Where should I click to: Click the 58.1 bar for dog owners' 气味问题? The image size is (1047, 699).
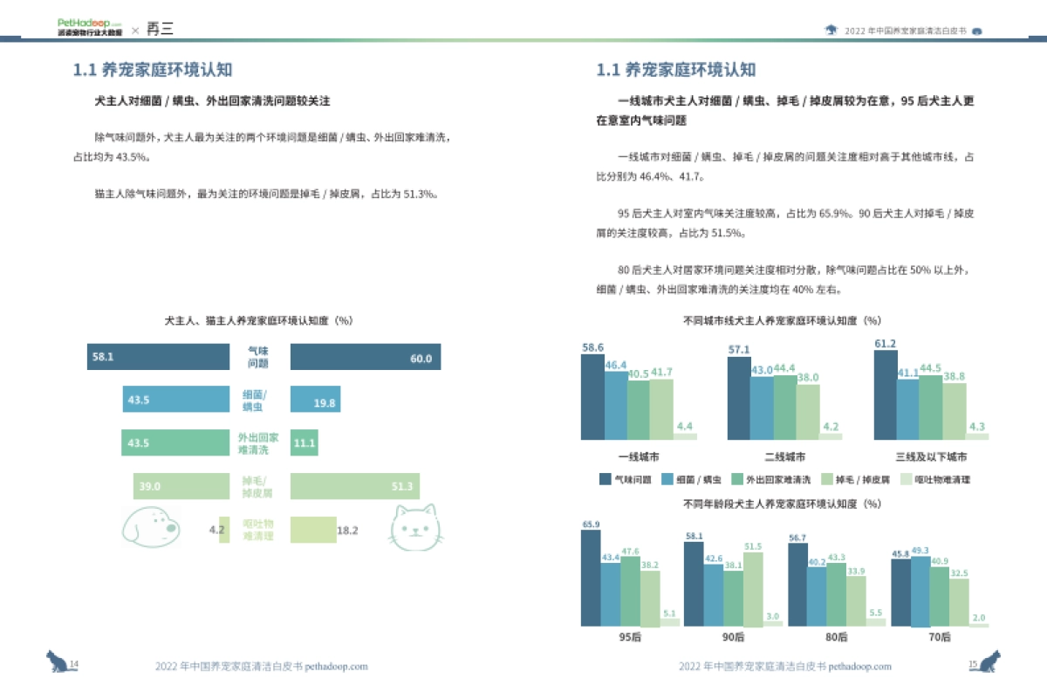pos(157,357)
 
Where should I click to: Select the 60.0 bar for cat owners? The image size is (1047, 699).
pos(365,357)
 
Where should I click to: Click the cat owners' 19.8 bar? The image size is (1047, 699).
pos(315,400)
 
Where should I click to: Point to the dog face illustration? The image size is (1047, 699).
pos(149,524)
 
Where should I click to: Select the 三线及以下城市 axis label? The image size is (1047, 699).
pos(931,456)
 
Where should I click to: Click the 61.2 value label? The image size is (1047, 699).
pos(885,343)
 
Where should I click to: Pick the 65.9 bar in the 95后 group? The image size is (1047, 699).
pos(591,578)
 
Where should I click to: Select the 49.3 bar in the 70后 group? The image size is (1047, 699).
pos(920,591)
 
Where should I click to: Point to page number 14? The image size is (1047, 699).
pos(74,665)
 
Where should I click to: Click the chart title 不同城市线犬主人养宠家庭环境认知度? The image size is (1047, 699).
pos(783,321)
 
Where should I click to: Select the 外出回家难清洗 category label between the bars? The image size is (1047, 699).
pos(258,443)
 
